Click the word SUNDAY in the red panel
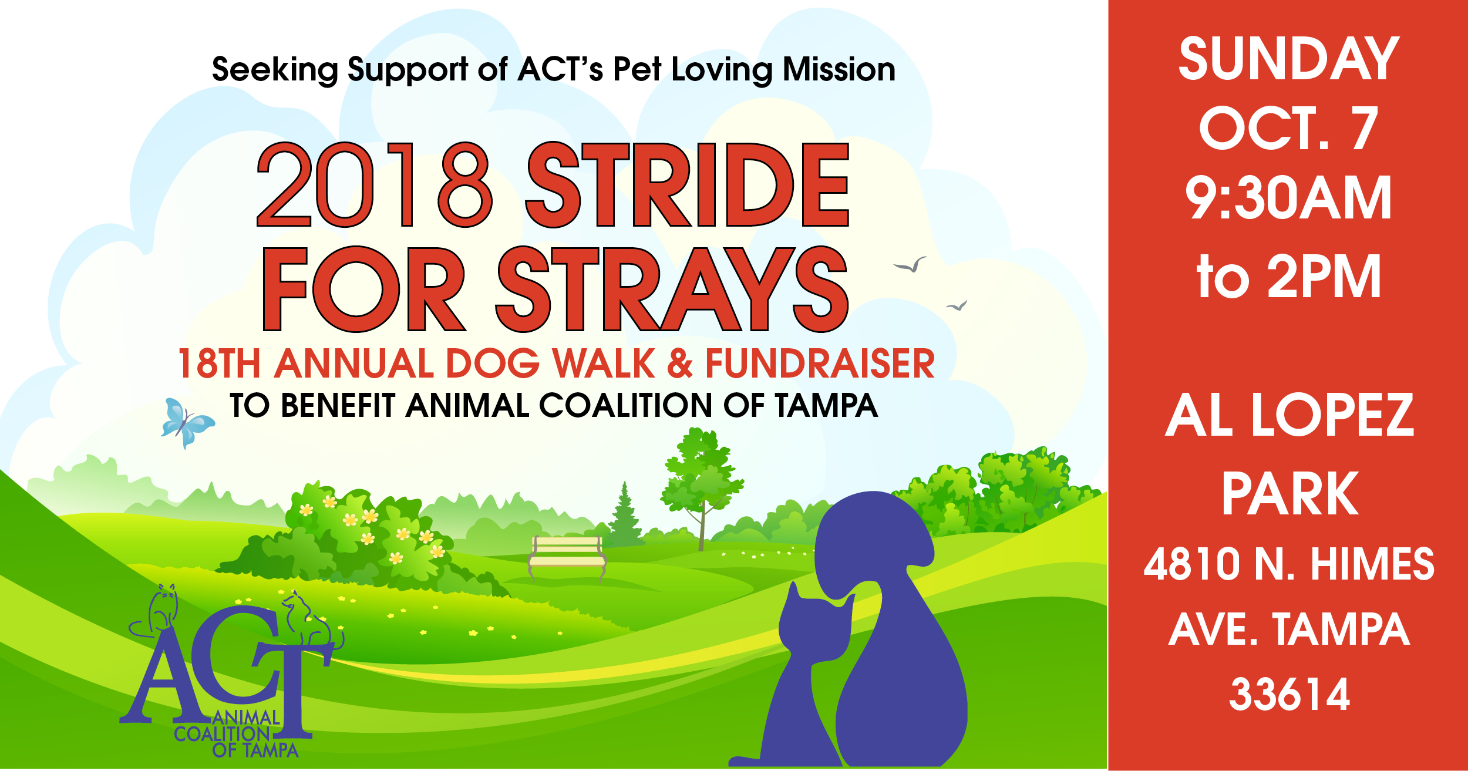coord(1289,59)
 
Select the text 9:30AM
coord(1288,197)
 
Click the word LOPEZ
coord(1332,415)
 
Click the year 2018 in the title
coord(373,185)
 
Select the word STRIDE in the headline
coord(687,185)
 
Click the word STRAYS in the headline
coord(672,289)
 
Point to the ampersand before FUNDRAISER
coord(679,363)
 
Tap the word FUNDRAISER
coord(820,363)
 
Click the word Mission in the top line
coord(839,69)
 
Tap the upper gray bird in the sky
coord(911,265)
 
